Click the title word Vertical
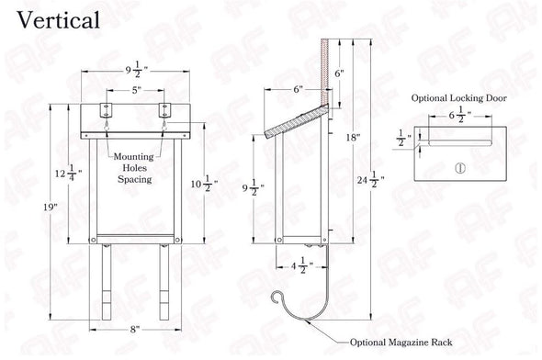click(59, 20)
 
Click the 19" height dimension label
click(51, 208)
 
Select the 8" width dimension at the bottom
click(135, 330)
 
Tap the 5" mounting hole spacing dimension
click(137, 90)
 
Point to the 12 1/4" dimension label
click(69, 173)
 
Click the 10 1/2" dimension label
click(204, 184)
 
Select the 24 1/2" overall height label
click(371, 180)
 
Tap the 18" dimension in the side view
click(353, 138)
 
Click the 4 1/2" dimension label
click(301, 265)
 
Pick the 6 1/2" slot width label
click(460, 115)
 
